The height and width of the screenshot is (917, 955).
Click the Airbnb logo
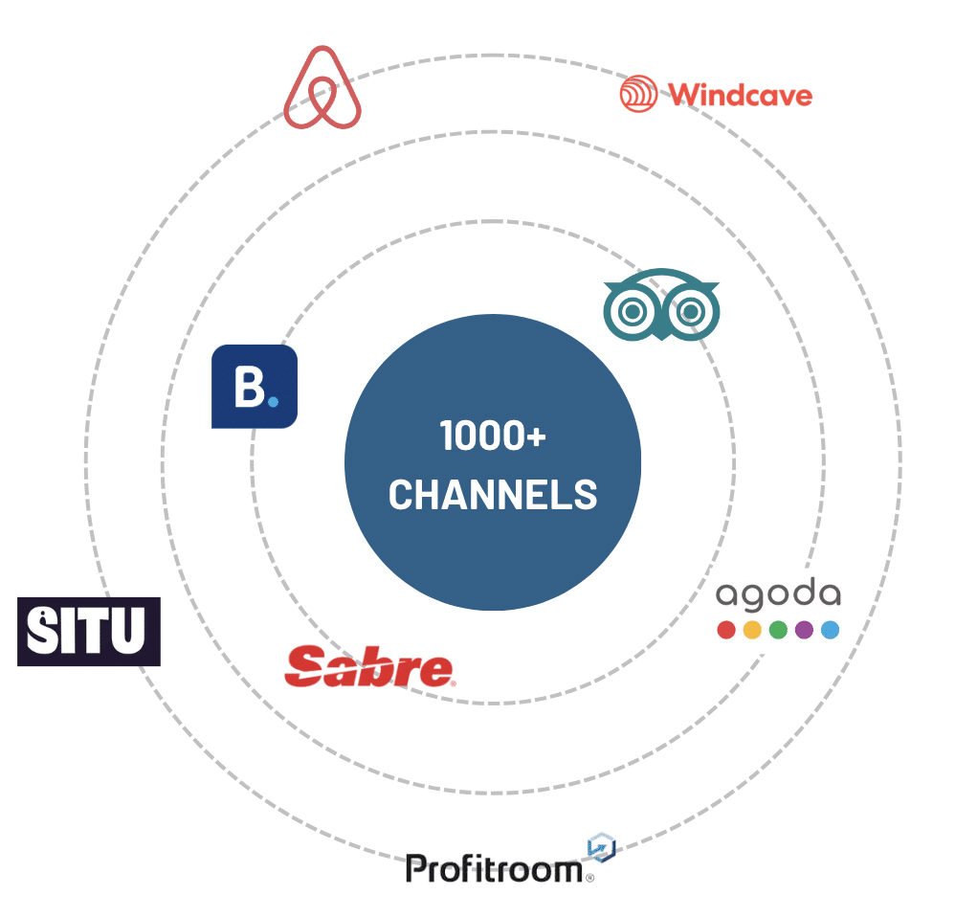click(322, 88)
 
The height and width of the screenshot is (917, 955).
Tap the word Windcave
click(740, 95)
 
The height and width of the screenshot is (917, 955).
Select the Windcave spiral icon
click(638, 94)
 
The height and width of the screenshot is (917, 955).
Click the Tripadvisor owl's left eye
click(633, 312)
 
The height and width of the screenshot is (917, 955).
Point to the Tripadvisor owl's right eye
click(690, 312)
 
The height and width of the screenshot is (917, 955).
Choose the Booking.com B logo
click(254, 386)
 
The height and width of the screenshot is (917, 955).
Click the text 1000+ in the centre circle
click(493, 436)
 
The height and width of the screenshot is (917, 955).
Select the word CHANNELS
click(493, 495)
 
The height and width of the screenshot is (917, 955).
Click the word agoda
click(778, 595)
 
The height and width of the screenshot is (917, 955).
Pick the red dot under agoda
click(726, 630)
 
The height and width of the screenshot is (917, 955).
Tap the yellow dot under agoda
click(752, 630)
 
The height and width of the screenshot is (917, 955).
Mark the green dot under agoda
click(778, 630)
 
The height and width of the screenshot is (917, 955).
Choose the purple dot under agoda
click(804, 630)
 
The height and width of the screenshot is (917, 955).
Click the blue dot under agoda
click(830, 630)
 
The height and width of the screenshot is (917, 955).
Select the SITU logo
click(89, 632)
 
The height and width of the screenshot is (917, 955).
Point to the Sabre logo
click(369, 667)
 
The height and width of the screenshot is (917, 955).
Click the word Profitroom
click(494, 869)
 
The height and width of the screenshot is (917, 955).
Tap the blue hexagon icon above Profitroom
click(601, 847)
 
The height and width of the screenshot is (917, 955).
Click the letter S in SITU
click(43, 632)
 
